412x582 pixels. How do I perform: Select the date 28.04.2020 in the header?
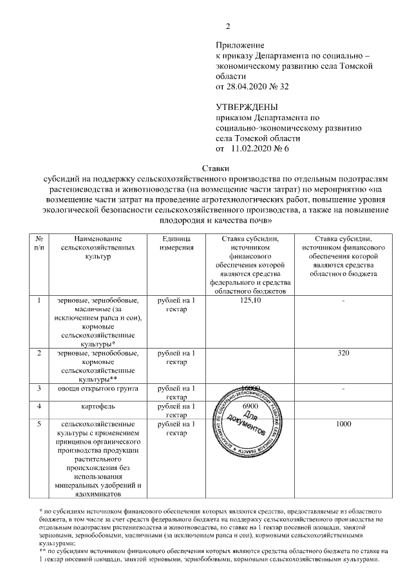click(x=247, y=86)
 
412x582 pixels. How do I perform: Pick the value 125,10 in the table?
click(x=249, y=300)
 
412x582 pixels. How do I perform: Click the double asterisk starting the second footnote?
click(x=42, y=551)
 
